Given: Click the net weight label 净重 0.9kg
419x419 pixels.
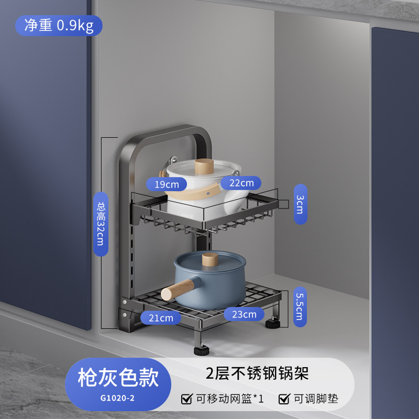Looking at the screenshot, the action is [x=59, y=25].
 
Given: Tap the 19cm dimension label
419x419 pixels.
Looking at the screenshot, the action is [x=167, y=184].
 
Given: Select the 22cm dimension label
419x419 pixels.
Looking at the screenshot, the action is [x=241, y=182].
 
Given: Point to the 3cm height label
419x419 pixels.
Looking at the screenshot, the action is [x=300, y=204].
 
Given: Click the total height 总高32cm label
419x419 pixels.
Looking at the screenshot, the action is [x=101, y=224].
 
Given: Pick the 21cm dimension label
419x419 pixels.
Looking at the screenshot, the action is [x=160, y=317].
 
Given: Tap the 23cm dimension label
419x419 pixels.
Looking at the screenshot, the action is [x=244, y=314].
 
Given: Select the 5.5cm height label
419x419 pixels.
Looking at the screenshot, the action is [x=300, y=306].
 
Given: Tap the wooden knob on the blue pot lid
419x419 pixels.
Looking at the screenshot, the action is [x=210, y=259].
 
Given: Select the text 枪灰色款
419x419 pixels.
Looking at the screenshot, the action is [x=118, y=377].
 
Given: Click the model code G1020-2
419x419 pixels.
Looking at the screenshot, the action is [x=118, y=398].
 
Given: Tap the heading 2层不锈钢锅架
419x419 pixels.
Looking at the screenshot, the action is [x=256, y=373].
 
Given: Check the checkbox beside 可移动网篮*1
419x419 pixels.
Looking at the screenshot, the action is [x=186, y=399].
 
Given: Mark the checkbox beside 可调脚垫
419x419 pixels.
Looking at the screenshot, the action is [x=284, y=399].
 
